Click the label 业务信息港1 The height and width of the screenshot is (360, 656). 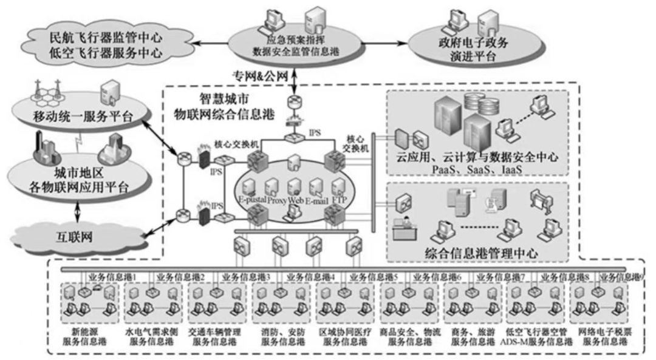point(112,277)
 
